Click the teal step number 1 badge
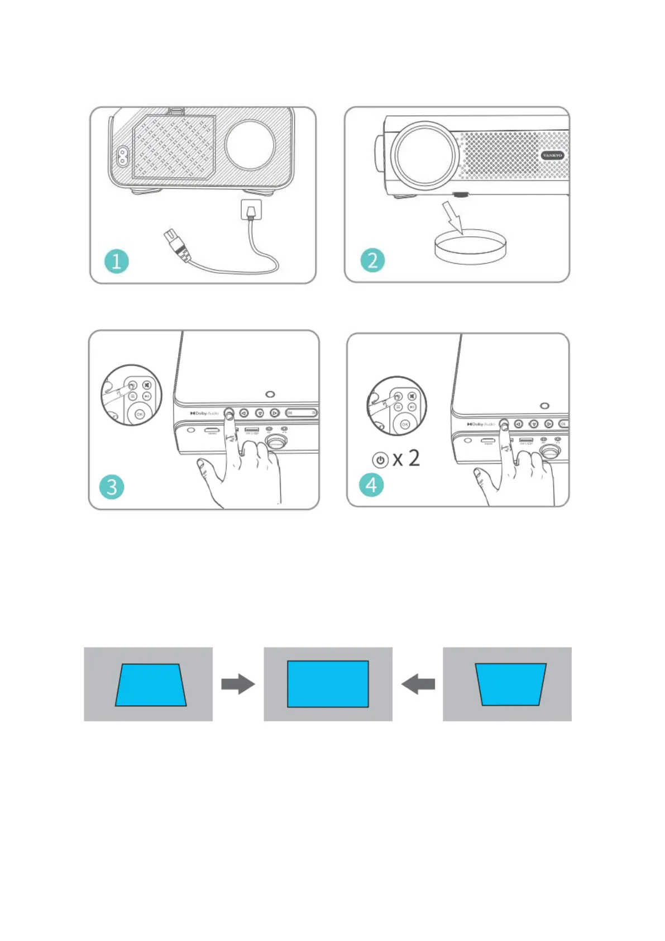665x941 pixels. click(x=116, y=261)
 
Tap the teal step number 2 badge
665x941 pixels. click(x=372, y=260)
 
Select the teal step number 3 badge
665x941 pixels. click(x=112, y=487)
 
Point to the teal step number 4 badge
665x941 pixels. click(x=371, y=484)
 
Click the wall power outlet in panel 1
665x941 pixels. click(x=251, y=210)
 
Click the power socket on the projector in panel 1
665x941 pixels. click(x=121, y=156)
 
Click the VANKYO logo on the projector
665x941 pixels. click(x=552, y=155)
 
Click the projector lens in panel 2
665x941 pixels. click(x=424, y=155)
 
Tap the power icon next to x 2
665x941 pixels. click(x=380, y=460)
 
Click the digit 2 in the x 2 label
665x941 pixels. click(x=414, y=458)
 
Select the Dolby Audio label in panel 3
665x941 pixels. click(x=205, y=413)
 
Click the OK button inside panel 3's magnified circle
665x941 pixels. click(x=140, y=414)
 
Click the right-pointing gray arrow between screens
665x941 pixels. click(x=238, y=684)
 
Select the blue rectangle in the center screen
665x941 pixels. click(x=328, y=684)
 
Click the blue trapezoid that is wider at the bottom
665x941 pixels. click(x=150, y=685)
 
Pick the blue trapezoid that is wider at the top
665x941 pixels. click(x=510, y=684)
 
